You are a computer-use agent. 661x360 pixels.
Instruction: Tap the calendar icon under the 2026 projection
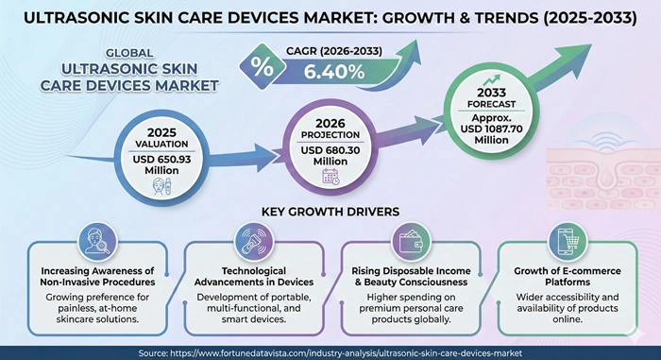point(330,176)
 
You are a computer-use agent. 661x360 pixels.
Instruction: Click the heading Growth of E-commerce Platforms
point(571,274)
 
